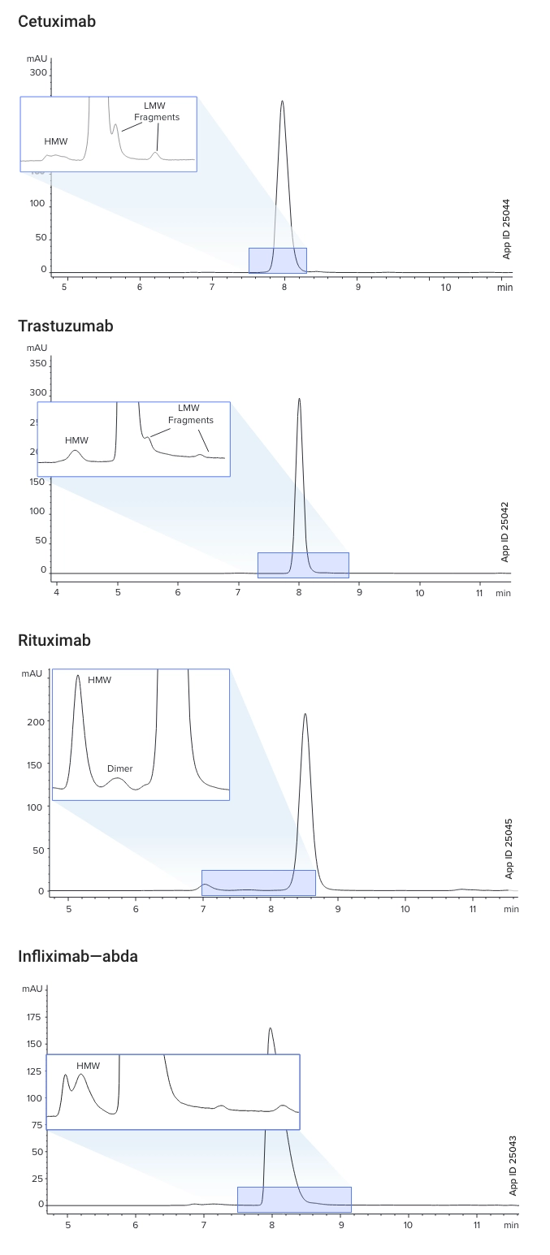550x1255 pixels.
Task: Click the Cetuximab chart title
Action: pos(57,22)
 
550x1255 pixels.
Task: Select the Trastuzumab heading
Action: pos(66,327)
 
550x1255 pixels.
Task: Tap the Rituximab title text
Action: pos(54,641)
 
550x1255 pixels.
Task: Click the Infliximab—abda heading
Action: pos(78,957)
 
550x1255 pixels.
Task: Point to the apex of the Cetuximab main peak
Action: pos(282,102)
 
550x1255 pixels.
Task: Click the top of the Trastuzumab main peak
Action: pos(299,399)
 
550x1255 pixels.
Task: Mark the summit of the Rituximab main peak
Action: pos(305,715)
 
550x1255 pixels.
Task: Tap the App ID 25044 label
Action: pos(507,228)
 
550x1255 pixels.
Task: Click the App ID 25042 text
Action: pos(505,531)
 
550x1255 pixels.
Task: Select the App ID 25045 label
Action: pos(509,848)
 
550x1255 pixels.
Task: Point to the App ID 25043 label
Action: pos(513,1165)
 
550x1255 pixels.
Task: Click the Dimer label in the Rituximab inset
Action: pos(119,768)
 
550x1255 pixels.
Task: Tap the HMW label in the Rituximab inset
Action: pos(100,680)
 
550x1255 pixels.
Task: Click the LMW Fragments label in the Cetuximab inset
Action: pos(157,111)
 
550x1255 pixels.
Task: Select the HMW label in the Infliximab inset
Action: pos(88,1066)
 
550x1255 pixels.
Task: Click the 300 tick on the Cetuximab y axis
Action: pos(38,72)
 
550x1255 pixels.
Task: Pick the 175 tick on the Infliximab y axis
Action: pos(34,1016)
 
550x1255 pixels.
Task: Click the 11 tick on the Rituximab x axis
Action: pos(472,909)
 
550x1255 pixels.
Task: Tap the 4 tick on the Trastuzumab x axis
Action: pos(57,593)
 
